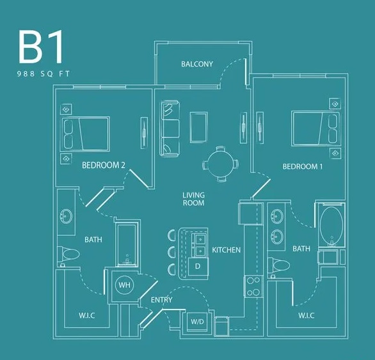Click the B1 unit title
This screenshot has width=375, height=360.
pyautogui.click(x=42, y=46)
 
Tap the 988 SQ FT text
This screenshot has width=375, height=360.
pyautogui.click(x=42, y=74)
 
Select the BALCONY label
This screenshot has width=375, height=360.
pyautogui.click(x=196, y=64)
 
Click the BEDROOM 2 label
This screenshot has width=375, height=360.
pyautogui.click(x=104, y=165)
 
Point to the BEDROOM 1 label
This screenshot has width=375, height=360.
pyautogui.click(x=303, y=167)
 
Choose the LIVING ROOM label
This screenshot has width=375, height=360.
pyautogui.click(x=193, y=199)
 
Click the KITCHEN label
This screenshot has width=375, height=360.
pyautogui.click(x=226, y=250)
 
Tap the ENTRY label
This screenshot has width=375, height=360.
pyautogui.click(x=161, y=300)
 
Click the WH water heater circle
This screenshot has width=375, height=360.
pyautogui.click(x=124, y=284)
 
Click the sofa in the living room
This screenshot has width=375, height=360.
pyautogui.click(x=170, y=128)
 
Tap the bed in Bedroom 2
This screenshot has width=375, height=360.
pyautogui.click(x=85, y=133)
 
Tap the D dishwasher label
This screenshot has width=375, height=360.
pyautogui.click(x=198, y=265)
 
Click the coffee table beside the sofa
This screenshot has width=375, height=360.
pyautogui.click(x=198, y=127)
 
